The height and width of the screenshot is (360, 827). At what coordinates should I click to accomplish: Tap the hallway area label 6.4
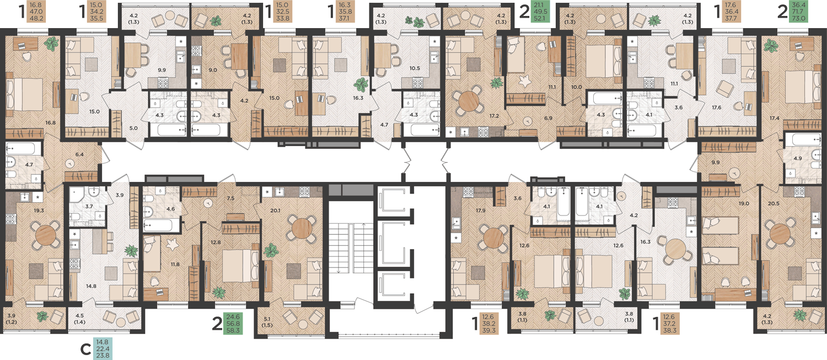click(x=79, y=154)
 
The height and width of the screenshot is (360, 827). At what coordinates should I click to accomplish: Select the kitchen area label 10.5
click(x=415, y=68)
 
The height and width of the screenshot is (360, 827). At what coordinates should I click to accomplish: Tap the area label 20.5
click(x=774, y=203)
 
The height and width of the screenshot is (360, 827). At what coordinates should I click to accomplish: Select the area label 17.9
click(x=480, y=211)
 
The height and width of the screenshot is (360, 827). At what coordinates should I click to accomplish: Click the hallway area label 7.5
click(x=230, y=198)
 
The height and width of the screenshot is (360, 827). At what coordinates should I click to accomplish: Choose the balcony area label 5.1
click(x=267, y=319)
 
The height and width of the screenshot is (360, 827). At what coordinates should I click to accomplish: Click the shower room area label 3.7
click(x=89, y=206)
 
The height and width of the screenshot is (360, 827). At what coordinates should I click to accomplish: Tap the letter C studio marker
click(x=85, y=350)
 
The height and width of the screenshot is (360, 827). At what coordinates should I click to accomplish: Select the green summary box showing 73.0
click(x=798, y=11)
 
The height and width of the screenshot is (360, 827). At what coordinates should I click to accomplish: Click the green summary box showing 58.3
click(x=233, y=324)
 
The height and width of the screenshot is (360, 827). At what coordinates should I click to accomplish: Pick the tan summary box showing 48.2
click(x=36, y=12)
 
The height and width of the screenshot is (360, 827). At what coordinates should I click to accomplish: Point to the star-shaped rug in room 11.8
click(x=171, y=244)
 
